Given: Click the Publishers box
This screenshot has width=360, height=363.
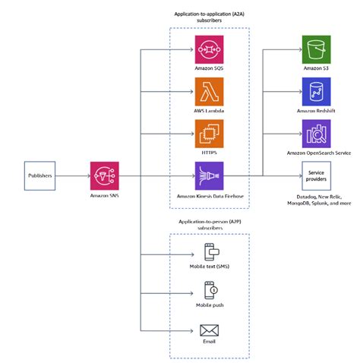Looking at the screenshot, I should tap(40, 175).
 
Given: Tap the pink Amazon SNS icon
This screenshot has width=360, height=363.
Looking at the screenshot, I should tap(103, 175).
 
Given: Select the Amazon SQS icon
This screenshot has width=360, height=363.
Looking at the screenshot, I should tap(209, 49).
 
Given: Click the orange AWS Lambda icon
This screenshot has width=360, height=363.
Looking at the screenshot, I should tap(209, 92).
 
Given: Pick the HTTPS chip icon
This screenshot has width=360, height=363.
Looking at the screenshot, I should tap(209, 134).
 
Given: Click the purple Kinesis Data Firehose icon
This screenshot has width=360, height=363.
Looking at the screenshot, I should tap(209, 175).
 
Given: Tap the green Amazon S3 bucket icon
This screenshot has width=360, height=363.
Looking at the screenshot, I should tap(314, 49).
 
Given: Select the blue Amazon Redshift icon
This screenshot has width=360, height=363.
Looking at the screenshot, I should tap(314, 92).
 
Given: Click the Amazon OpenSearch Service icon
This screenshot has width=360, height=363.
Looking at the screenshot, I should tap(314, 134).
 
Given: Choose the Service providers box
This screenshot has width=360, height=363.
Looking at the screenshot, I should tap(314, 175).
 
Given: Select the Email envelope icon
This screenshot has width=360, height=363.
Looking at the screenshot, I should tap(209, 330).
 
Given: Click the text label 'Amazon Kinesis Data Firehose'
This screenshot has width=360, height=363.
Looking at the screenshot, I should tap(209, 197).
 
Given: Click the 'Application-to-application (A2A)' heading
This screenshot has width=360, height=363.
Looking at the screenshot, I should tap(209, 14).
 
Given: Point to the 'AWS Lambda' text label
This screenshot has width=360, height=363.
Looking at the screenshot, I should tap(209, 112).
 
